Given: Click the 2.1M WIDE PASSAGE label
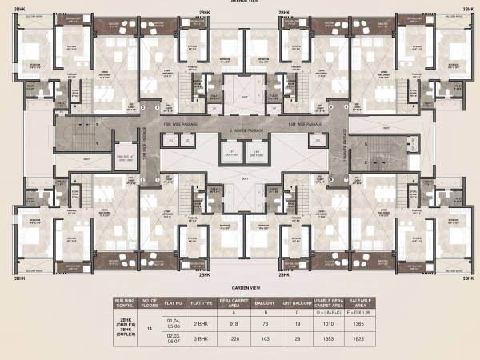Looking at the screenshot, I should point(240,129).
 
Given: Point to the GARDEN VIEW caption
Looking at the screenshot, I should point(240,285).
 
